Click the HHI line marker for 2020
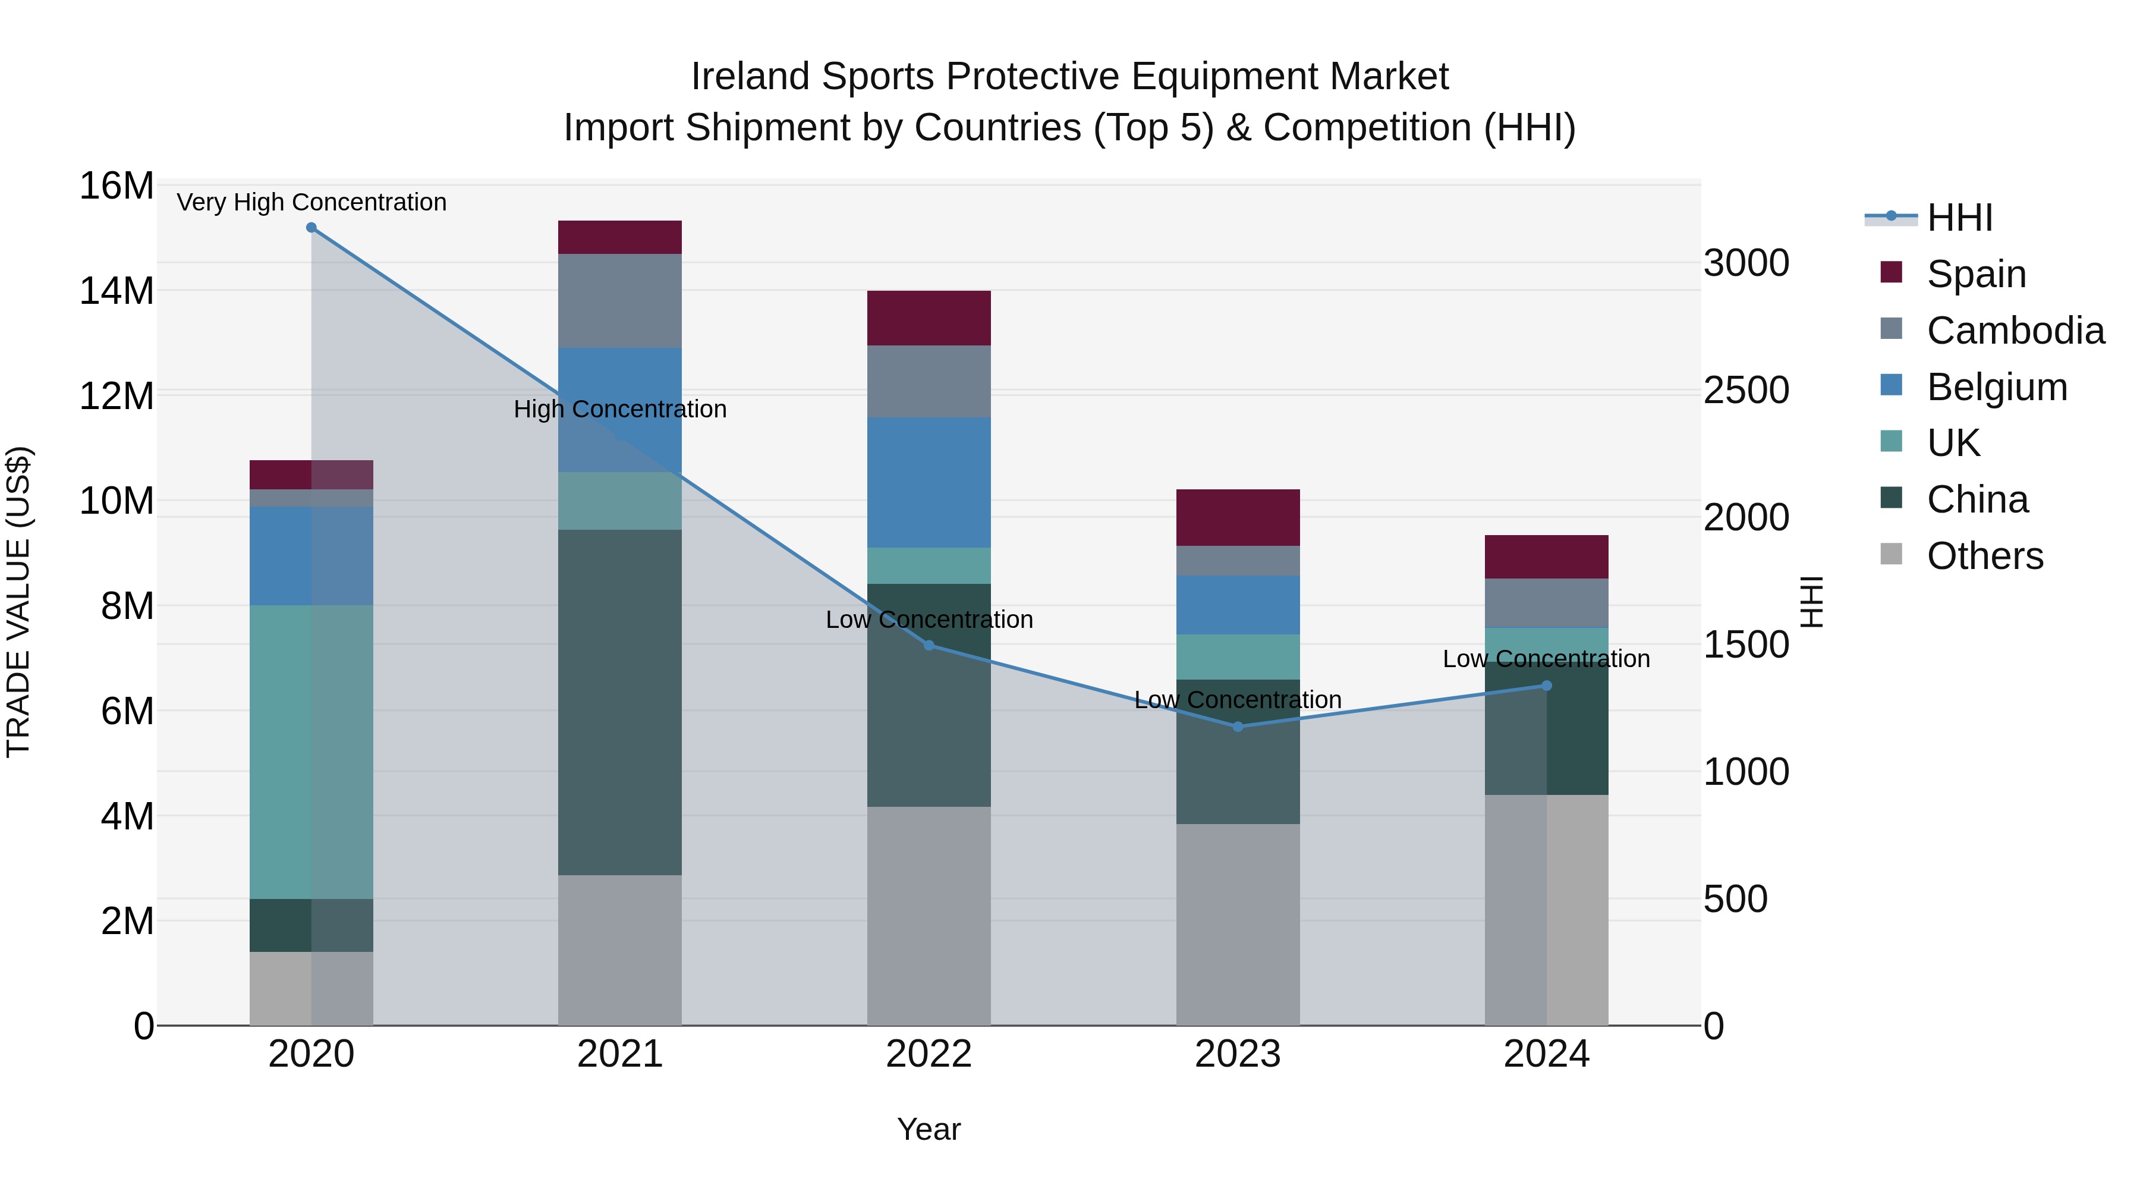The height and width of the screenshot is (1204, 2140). (311, 228)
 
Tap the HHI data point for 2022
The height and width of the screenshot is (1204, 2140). (929, 646)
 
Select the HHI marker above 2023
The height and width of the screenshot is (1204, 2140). (1238, 727)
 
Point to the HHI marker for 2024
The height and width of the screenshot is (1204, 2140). (1547, 686)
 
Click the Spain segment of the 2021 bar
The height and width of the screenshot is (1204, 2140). (620, 238)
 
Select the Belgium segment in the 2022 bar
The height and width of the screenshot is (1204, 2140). (929, 483)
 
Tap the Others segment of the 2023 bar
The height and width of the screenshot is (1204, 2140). (1238, 924)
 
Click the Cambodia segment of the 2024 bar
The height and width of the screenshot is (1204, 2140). (1547, 602)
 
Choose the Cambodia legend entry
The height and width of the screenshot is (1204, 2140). (2015, 331)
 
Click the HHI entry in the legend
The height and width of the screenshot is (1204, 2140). (1959, 218)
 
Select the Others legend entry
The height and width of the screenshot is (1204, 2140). (1984, 556)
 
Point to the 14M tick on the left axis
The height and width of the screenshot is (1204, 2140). (117, 291)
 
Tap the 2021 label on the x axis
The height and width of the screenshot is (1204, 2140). (620, 1054)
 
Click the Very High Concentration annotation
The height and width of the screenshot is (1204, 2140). (311, 203)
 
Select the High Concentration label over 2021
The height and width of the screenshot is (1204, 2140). (620, 410)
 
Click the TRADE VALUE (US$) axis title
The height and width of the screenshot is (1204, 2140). (18, 602)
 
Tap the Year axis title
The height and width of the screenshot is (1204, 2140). (929, 1129)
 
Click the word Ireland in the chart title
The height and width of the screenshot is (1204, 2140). (750, 77)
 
